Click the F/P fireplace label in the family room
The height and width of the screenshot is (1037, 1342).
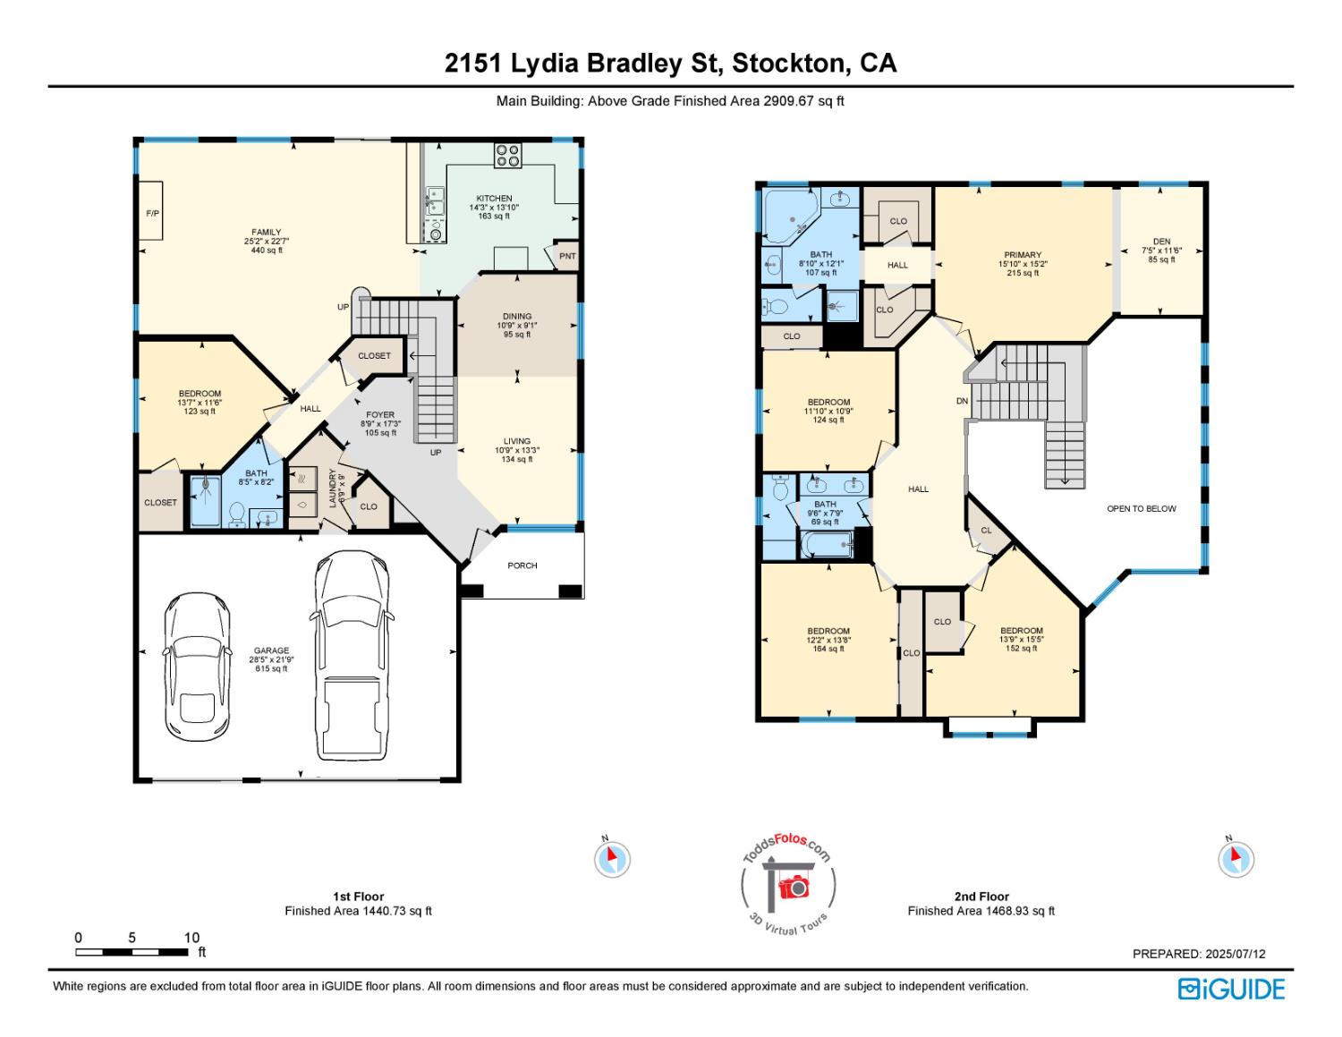[x=151, y=214]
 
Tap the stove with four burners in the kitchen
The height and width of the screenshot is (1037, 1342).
[x=508, y=156]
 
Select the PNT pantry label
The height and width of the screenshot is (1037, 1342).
[x=567, y=256]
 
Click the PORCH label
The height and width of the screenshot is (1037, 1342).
[x=522, y=565]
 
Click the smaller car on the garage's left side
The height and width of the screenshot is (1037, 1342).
[x=197, y=662]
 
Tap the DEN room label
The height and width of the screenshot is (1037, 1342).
[x=1161, y=242]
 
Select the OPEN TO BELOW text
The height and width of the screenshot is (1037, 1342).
[x=1142, y=508]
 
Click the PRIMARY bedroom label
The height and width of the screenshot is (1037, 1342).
[x=1023, y=255]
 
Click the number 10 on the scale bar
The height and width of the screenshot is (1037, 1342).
[x=191, y=938]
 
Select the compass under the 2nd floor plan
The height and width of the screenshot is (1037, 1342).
[x=1235, y=859]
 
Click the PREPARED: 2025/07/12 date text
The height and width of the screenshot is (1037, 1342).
[x=1199, y=954]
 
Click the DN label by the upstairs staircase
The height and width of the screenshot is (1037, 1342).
[x=962, y=401]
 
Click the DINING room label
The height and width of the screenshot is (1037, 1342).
[x=517, y=316]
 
